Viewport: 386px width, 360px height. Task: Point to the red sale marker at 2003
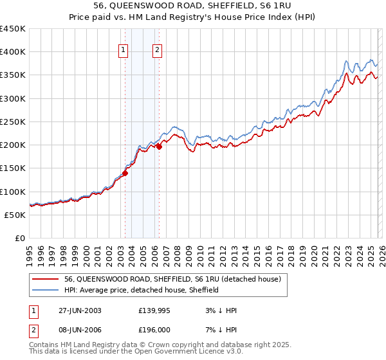(125, 173)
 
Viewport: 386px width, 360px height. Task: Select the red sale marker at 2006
(159, 147)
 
